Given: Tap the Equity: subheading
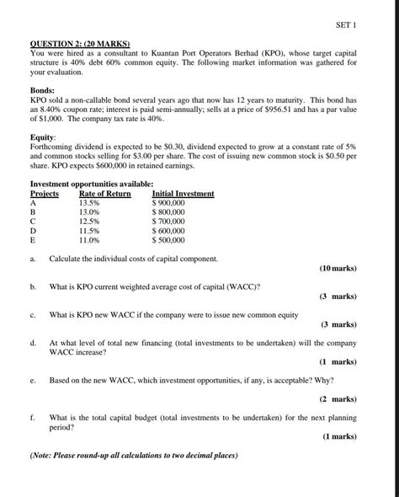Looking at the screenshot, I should pyautogui.click(x=44, y=136).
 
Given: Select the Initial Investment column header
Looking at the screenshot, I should pyautogui.click(x=177, y=194).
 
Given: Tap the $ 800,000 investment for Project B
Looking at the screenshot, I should pyautogui.click(x=168, y=212).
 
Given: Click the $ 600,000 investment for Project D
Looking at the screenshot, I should pyautogui.click(x=168, y=231).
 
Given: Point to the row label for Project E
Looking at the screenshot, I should pyautogui.click(x=34, y=240).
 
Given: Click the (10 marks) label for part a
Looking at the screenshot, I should pyautogui.click(x=338, y=269).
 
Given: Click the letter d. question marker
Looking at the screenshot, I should pyautogui.click(x=33, y=343).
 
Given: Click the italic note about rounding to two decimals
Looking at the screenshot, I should pyautogui.click(x=134, y=456).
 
